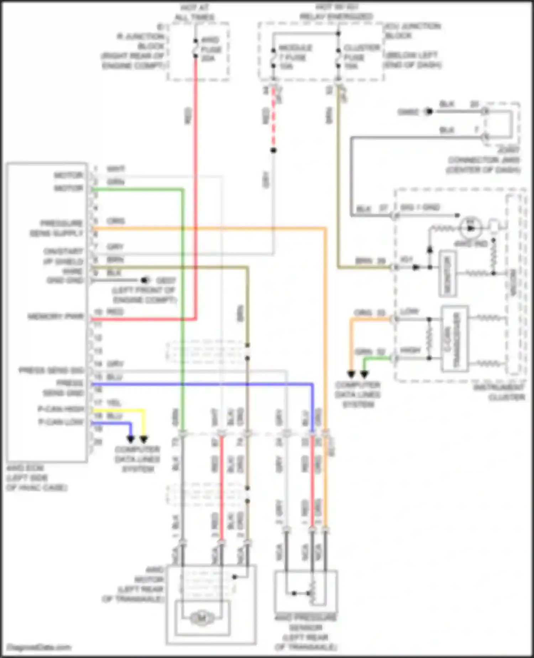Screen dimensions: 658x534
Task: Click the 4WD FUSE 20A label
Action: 211,49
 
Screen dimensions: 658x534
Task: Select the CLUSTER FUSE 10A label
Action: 361,57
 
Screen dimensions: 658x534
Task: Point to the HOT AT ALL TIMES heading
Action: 195,12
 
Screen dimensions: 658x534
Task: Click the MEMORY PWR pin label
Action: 56,317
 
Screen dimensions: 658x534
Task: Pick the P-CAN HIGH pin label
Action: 61,409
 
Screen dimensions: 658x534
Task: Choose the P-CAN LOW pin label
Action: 61,422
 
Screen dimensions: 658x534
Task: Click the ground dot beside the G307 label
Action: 145,280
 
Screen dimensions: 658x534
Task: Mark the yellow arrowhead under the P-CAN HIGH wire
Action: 144,439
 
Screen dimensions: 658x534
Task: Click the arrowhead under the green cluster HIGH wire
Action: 364,374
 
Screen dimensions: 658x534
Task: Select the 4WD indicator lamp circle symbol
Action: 471,228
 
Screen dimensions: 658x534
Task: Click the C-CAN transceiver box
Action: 454,338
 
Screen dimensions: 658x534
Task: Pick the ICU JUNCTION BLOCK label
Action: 412,31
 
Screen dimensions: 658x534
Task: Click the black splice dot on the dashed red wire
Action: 273,150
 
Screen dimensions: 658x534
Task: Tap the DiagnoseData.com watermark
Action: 38,647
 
